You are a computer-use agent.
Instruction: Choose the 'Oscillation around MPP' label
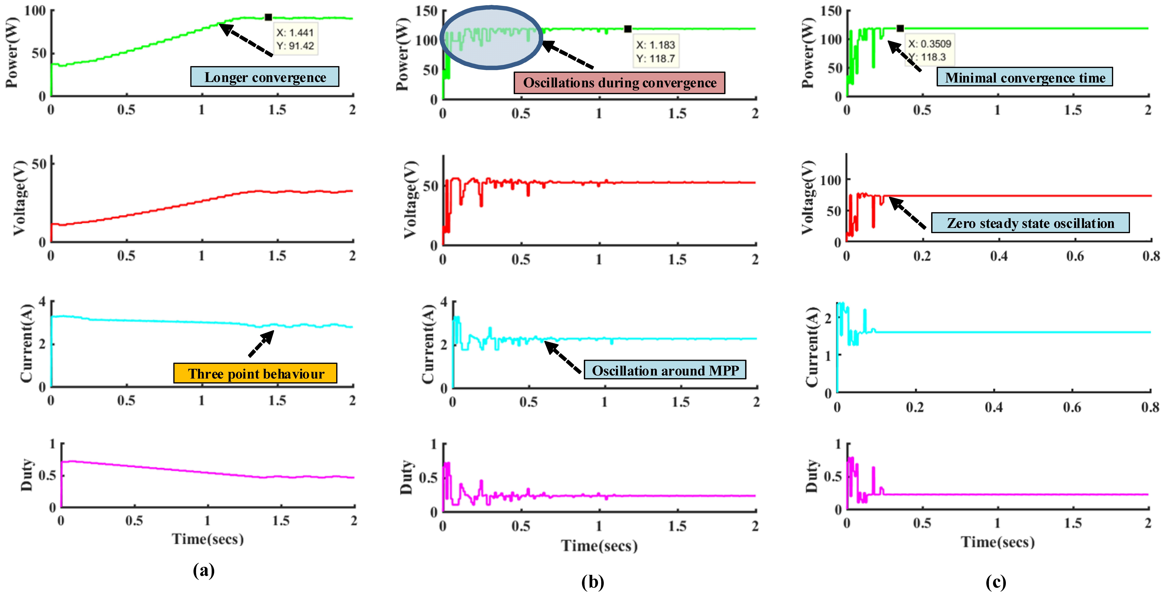[x=665, y=370]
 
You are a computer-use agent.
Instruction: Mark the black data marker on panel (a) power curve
[x=268, y=17]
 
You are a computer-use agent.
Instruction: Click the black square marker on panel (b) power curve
[x=627, y=29]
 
